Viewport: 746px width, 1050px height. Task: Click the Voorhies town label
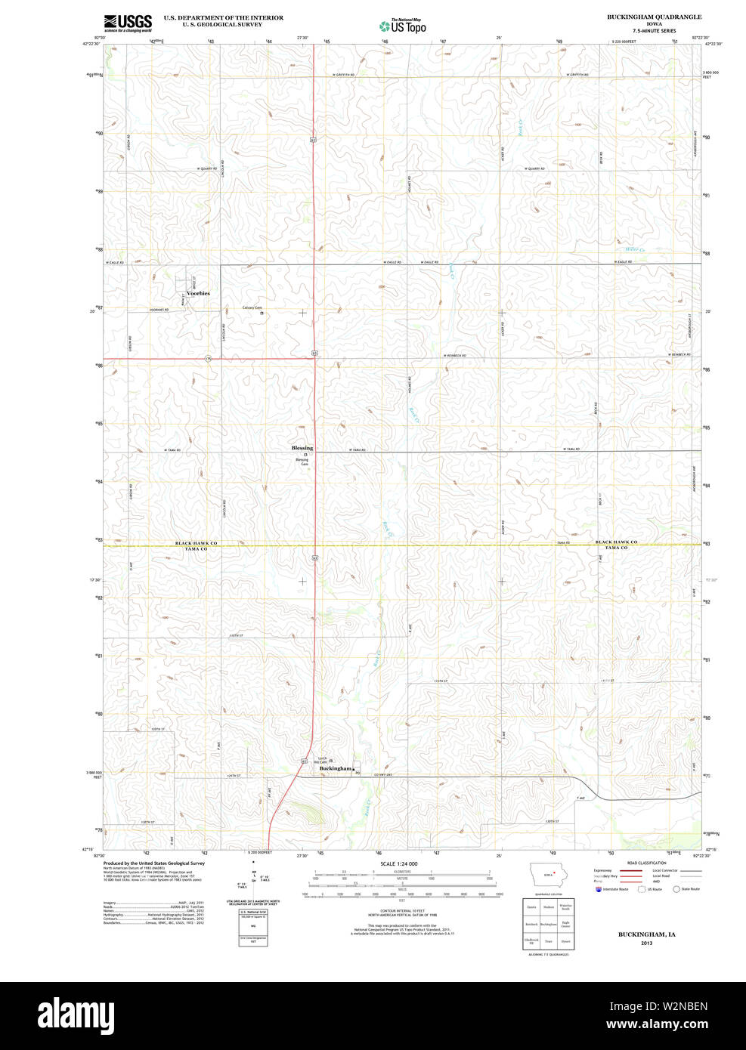(x=198, y=293)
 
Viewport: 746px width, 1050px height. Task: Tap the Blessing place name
(x=302, y=448)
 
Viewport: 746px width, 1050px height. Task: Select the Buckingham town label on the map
(x=336, y=768)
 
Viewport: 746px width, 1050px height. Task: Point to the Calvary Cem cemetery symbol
(x=262, y=314)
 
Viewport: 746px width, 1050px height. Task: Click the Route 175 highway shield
(x=208, y=359)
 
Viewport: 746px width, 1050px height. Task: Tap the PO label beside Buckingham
(x=358, y=773)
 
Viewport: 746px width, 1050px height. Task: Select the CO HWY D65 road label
(x=375, y=775)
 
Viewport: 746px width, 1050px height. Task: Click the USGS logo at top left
(x=128, y=23)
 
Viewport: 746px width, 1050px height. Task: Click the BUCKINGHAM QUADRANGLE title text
(x=654, y=17)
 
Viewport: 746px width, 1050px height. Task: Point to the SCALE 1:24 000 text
(x=399, y=863)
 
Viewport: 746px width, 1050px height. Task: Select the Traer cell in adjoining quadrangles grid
(x=549, y=942)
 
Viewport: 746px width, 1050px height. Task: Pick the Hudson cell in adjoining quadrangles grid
(x=549, y=906)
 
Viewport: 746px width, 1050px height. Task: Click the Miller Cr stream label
(x=635, y=249)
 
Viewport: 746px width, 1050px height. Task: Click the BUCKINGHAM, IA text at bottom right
(x=646, y=934)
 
